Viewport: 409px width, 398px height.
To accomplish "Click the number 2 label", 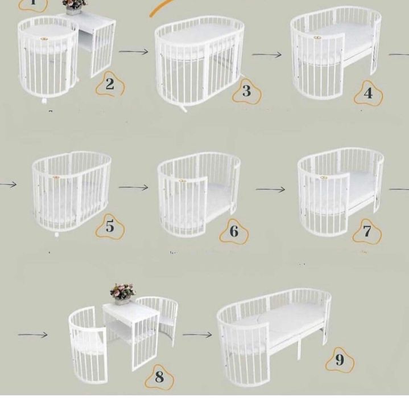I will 109,85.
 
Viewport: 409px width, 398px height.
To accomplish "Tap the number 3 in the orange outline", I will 246,91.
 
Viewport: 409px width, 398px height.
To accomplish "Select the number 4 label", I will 368,93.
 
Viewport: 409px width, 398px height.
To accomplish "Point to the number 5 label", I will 109,227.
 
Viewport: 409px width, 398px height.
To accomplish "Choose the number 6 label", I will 234,231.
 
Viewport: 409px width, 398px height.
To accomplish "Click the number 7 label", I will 367,231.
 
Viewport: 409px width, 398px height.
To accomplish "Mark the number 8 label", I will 159,376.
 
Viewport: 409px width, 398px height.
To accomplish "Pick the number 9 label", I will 340,360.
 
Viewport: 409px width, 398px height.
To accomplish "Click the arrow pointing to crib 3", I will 133,52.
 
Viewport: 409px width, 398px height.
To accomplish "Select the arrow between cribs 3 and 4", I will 267,55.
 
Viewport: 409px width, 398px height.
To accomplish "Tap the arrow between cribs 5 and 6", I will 133,187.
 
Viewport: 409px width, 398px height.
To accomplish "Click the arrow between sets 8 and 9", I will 197,334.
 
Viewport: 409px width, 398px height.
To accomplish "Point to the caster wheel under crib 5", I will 57,233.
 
